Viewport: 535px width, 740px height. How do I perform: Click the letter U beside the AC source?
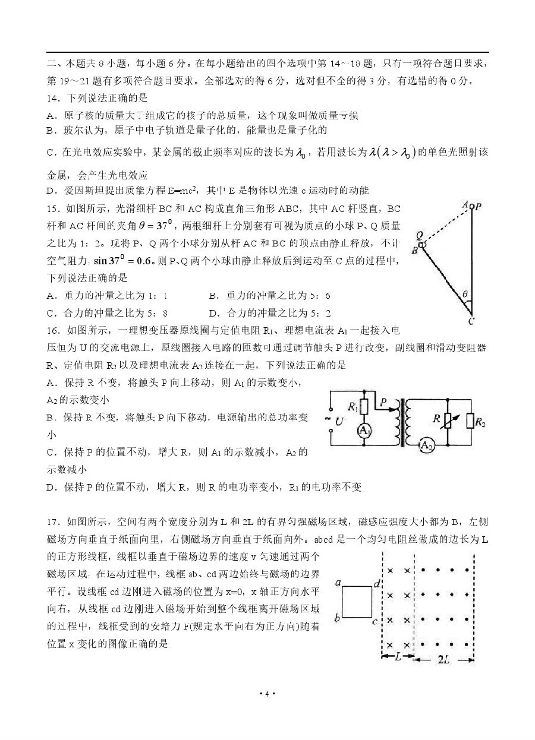(339, 422)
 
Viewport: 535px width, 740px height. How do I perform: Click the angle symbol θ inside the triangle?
(465, 293)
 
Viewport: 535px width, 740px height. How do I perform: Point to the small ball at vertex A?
(471, 207)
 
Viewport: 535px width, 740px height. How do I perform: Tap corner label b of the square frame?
(337, 619)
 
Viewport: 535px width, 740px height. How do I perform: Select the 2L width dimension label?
(443, 660)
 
